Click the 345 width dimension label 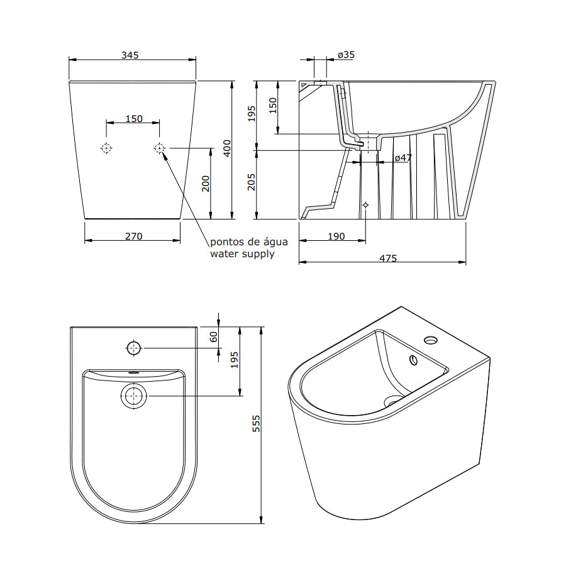(130, 55)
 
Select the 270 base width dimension (133, 236)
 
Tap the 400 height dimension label (227, 148)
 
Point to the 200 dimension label (206, 184)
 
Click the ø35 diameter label (346, 55)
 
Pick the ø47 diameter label (403, 158)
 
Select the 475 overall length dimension (388, 258)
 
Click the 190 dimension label (336, 236)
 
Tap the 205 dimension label (251, 182)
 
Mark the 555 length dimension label (256, 423)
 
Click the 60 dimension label (214, 337)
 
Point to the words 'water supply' (242, 254)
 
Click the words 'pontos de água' (249, 241)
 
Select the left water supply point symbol (106, 148)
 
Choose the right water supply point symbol (160, 148)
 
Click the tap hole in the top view (134, 348)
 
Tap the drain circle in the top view (134, 396)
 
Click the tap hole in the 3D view (431, 340)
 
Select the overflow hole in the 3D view (413, 360)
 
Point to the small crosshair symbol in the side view (365, 205)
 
